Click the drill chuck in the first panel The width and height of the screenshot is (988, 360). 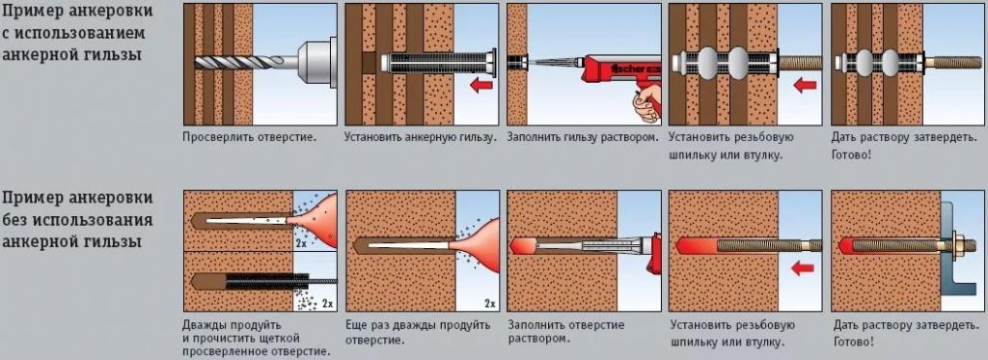coord(310,59)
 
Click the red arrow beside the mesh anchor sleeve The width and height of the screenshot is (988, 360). coord(479,86)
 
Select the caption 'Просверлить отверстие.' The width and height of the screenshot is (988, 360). coord(249,137)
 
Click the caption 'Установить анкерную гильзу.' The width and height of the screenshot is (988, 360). coord(421,137)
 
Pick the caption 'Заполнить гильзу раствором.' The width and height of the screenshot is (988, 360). coord(583,137)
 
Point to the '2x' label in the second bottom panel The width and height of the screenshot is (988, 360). coord(489,303)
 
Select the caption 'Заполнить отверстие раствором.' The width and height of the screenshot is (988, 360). coord(565,332)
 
